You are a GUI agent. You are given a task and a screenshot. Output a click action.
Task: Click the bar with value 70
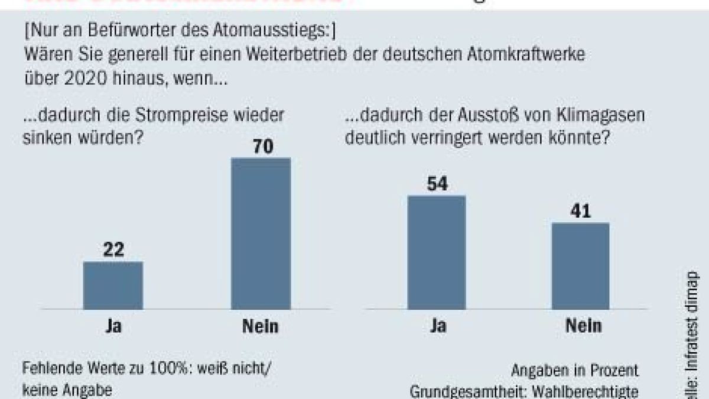click(x=261, y=233)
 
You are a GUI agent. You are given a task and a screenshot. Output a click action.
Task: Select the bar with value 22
click(x=113, y=285)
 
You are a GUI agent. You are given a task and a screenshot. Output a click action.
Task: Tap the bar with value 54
click(x=437, y=252)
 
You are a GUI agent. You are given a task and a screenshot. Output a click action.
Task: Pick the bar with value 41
click(x=580, y=265)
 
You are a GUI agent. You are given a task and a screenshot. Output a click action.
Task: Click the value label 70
click(x=261, y=146)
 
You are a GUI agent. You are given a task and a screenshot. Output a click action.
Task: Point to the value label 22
click(x=113, y=249)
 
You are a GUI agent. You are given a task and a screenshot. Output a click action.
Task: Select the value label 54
click(x=437, y=183)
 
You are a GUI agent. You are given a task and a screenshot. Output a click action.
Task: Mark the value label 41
click(x=580, y=211)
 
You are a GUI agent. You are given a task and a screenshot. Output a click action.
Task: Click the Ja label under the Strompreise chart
click(x=113, y=326)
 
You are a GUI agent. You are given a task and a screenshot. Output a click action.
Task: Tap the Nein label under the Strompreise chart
click(x=261, y=326)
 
